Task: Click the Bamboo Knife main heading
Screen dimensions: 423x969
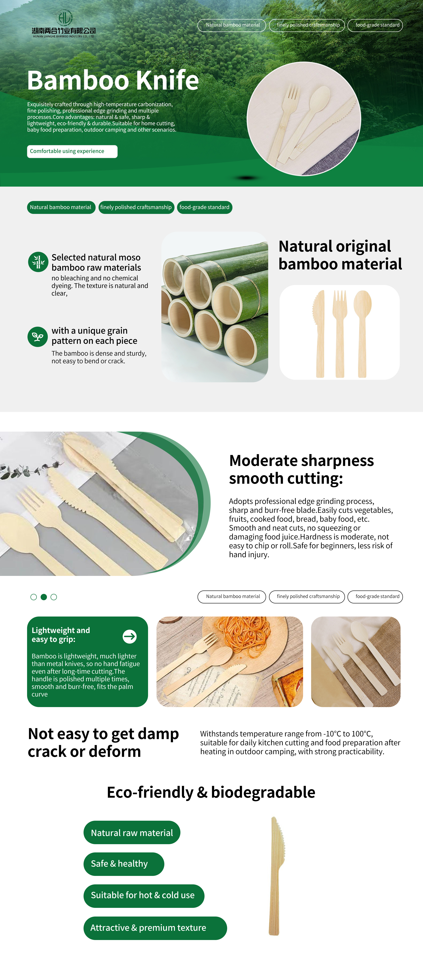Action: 113,80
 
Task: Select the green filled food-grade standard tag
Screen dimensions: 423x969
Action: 205,207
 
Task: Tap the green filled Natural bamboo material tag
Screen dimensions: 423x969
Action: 61,207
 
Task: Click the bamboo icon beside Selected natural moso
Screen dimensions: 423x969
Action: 38,262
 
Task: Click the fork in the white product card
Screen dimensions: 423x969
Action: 339,333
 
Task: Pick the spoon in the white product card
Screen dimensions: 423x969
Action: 362,333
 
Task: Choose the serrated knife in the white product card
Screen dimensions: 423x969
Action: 319,333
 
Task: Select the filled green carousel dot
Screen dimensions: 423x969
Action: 44,597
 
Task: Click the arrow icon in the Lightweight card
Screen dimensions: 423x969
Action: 130,636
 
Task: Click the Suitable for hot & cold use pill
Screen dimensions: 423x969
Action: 144,896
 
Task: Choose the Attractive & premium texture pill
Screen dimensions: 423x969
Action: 155,928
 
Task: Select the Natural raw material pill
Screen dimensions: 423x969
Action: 132,833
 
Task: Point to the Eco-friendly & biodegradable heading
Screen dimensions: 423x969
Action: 211,792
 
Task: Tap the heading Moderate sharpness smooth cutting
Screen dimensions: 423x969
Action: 301,469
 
